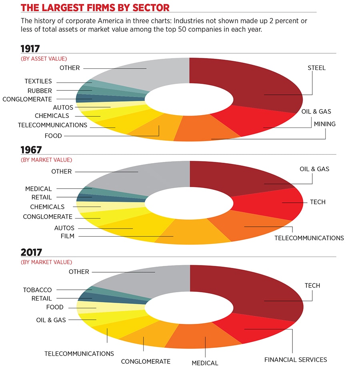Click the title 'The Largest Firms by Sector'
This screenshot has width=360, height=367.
pyautogui.click(x=95, y=8)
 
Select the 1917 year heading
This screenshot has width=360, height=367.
pyautogui.click(x=30, y=49)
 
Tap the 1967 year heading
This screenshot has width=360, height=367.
pyautogui.click(x=31, y=150)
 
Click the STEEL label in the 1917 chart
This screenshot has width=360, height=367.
pyautogui.click(x=316, y=68)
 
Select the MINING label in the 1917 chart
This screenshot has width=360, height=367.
pyautogui.click(x=324, y=124)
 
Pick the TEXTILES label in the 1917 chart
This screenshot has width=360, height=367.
pyautogui.click(x=38, y=82)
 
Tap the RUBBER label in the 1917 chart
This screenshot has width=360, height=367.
pyautogui.click(x=40, y=91)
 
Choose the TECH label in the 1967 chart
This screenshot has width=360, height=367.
pyautogui.click(x=318, y=202)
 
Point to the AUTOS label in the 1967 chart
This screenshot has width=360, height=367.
pyautogui.click(x=64, y=228)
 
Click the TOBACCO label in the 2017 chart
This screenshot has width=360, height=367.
pyautogui.click(x=37, y=290)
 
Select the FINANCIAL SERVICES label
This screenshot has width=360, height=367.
pyautogui.click(x=296, y=359)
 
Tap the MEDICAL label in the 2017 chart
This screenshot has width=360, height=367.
pyautogui.click(x=205, y=363)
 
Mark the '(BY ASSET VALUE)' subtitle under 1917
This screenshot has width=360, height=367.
pyautogui.click(x=44, y=59)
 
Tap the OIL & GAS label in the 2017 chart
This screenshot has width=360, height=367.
pyautogui.click(x=51, y=320)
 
